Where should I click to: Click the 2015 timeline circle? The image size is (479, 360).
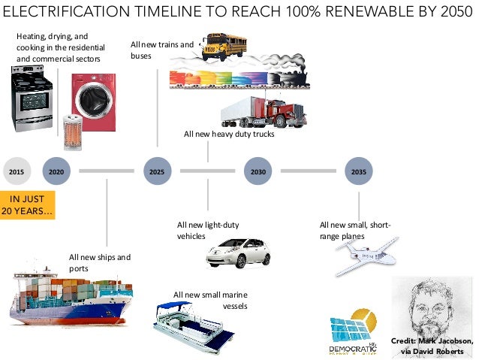pyautogui.click(x=16, y=172)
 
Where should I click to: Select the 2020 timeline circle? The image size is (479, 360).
pyautogui.click(x=56, y=172)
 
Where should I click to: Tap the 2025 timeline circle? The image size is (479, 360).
pyautogui.click(x=157, y=172)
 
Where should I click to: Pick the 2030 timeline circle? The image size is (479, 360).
pyautogui.click(x=258, y=172)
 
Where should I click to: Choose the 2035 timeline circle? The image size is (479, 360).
pyautogui.click(x=359, y=172)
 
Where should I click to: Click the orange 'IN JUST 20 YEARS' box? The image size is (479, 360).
pyautogui.click(x=29, y=205)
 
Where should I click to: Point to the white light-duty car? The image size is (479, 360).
pyautogui.click(x=238, y=253)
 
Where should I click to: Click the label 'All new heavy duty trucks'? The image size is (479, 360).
pyautogui.click(x=229, y=135)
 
